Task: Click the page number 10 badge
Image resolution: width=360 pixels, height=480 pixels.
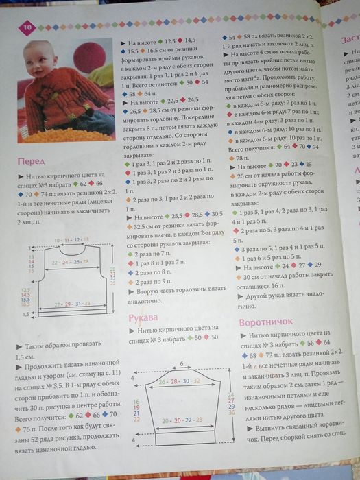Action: [x=28, y=27]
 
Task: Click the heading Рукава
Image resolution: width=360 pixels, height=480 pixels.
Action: [x=143, y=317]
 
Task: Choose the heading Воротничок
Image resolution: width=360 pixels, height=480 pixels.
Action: [x=267, y=322]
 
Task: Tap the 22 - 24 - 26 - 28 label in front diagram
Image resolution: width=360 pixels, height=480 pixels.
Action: [x=71, y=262]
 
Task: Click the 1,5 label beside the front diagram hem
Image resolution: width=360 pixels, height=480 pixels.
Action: [x=25, y=314]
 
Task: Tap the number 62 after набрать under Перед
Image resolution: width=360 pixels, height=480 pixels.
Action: [x=84, y=184]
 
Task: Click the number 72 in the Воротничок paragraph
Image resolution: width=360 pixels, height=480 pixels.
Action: [x=275, y=355]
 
